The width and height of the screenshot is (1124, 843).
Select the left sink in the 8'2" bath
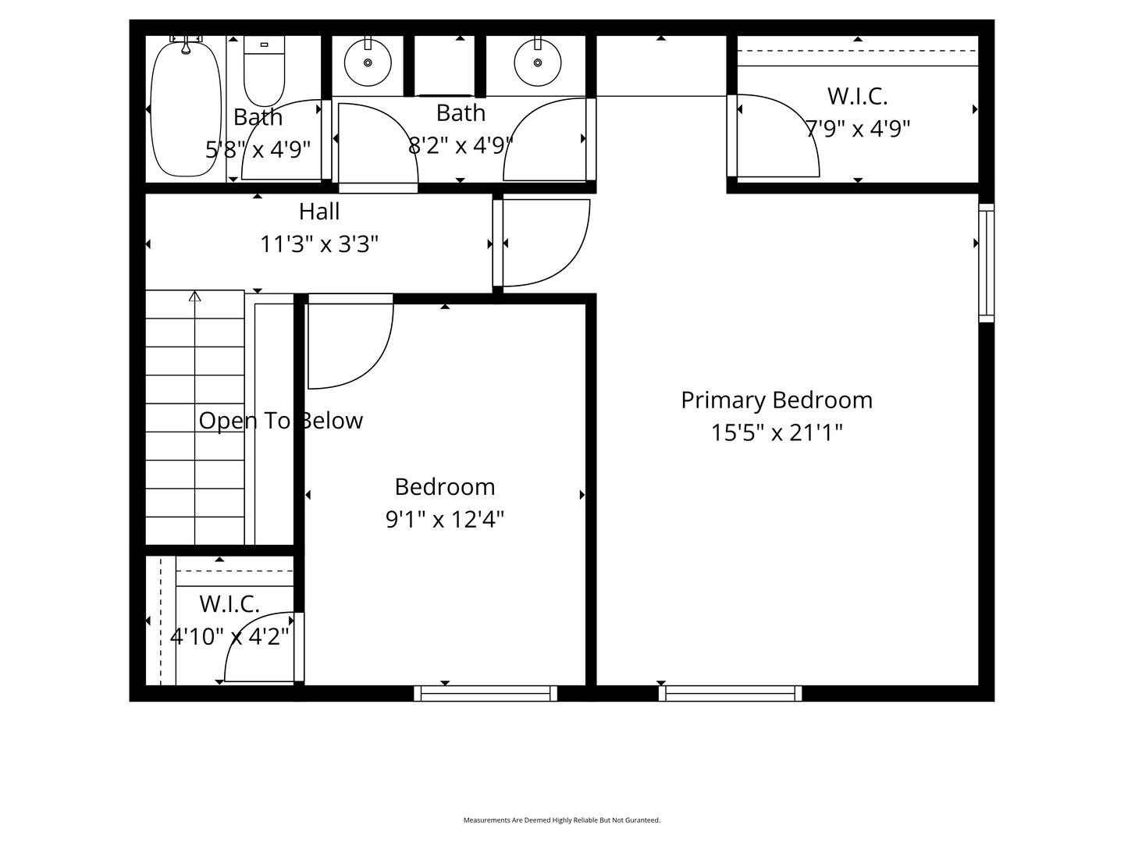click(368, 62)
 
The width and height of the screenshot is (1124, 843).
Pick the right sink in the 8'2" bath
click(537, 62)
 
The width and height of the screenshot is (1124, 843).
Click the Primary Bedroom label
click(776, 400)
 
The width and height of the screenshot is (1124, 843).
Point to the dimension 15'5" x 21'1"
click(776, 432)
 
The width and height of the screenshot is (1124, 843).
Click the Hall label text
click(319, 212)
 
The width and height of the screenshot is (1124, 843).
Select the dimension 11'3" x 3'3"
click(319, 244)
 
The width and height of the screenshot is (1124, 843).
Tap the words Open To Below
click(280, 421)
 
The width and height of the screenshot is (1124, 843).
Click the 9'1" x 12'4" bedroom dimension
click(445, 519)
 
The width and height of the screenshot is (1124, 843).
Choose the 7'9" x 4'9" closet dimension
click(857, 128)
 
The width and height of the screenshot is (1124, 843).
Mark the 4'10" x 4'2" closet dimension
click(229, 637)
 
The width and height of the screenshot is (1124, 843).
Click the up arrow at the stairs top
click(195, 297)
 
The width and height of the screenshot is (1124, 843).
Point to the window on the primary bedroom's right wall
click(987, 262)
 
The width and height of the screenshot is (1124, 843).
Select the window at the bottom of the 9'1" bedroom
click(486, 693)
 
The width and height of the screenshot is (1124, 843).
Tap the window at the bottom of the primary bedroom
click(730, 693)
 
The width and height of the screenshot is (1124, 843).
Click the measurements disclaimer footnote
click(562, 820)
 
